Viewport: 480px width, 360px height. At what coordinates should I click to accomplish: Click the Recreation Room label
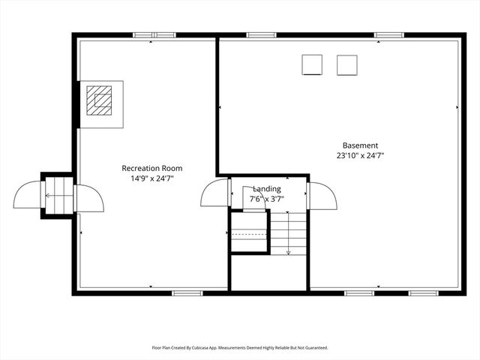[151, 169]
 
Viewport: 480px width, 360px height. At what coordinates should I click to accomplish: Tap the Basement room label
[360, 145]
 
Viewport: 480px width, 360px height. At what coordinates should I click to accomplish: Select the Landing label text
[266, 189]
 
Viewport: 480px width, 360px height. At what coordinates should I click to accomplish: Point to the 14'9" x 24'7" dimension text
[151, 178]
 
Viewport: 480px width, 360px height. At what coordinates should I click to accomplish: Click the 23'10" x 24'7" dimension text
[360, 155]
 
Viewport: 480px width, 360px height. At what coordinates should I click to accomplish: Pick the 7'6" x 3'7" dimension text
[266, 199]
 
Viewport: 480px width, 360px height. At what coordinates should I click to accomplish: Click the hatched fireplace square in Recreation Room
[99, 99]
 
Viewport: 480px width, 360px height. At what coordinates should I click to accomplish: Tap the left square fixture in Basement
[312, 65]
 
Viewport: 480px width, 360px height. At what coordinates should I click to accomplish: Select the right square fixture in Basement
[346, 65]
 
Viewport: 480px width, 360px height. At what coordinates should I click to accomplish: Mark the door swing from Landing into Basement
[322, 196]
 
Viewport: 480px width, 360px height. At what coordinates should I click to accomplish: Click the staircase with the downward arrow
[289, 233]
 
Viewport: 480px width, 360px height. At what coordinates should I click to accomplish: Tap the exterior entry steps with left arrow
[59, 196]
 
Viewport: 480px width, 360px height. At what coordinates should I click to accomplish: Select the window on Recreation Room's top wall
[154, 35]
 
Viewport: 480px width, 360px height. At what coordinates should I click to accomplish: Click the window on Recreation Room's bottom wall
[187, 292]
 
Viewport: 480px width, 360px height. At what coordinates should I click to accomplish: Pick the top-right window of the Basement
[388, 35]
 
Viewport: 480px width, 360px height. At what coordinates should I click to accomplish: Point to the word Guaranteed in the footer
[314, 348]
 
